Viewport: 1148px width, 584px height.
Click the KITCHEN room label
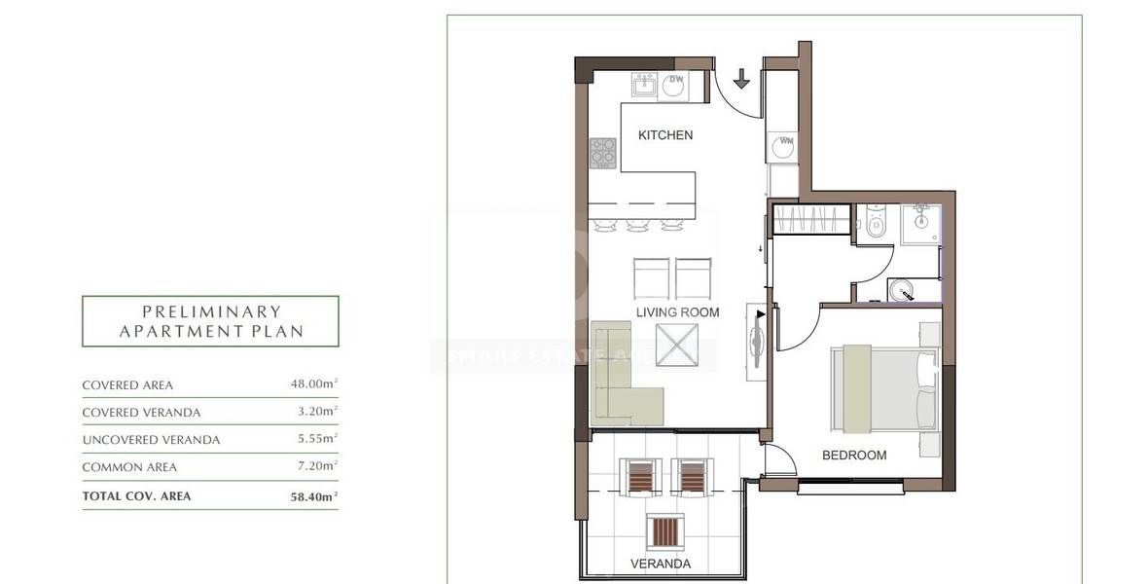pos(665,135)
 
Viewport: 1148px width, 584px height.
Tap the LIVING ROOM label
pos(678,312)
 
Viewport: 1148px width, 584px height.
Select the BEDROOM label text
pos(854,456)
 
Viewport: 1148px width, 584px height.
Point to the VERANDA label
pos(661,564)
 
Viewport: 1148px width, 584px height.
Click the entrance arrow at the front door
pos(741,79)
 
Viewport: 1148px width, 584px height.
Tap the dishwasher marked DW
pos(674,87)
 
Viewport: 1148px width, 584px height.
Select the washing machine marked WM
pos(785,147)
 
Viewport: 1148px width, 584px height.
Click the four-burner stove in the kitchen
pos(603,153)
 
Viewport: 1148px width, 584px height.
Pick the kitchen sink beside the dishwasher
pos(644,86)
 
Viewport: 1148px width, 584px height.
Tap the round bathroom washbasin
pos(903,290)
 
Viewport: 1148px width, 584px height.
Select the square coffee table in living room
pos(677,344)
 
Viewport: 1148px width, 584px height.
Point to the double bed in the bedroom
pos(883,389)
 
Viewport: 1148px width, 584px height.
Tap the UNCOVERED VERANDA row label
pos(151,440)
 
